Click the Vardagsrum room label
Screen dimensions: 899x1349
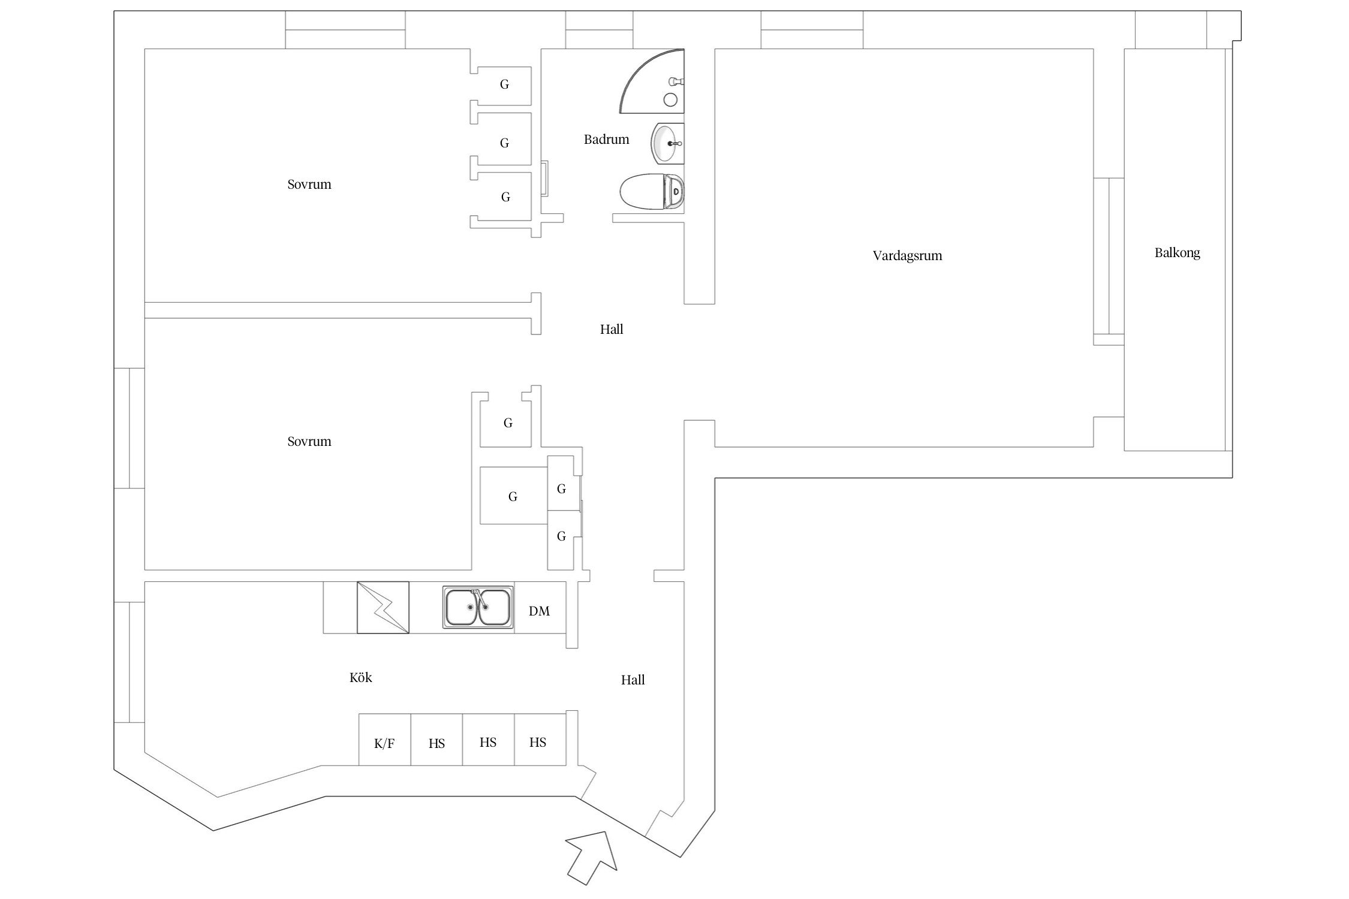[x=907, y=256]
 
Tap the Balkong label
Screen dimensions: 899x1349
[x=1177, y=253]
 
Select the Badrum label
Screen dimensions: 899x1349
[x=606, y=140]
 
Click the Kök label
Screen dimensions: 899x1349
[x=360, y=678]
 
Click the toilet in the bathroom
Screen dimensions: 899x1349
[x=651, y=192]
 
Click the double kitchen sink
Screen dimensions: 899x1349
[x=478, y=607]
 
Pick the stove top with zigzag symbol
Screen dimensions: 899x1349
[x=383, y=607]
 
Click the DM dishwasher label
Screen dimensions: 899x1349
[x=539, y=611]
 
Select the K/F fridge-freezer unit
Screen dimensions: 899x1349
[x=384, y=744]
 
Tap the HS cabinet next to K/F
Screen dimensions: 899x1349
[x=436, y=744]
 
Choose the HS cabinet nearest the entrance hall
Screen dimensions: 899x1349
[x=538, y=743]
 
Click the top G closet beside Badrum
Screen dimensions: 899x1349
[x=504, y=85]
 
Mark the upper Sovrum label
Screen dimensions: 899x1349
[x=309, y=185]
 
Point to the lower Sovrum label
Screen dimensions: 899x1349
[x=309, y=442]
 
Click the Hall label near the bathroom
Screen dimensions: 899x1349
[x=612, y=329]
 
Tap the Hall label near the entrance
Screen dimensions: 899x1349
[x=633, y=680]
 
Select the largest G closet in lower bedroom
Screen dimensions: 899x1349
[x=513, y=496]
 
